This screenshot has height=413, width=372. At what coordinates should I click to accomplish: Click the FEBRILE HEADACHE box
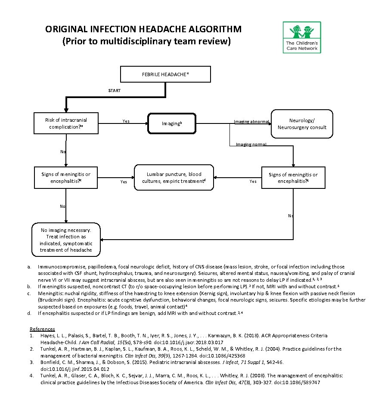point(165,74)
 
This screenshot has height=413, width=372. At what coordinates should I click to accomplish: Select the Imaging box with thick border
point(172,123)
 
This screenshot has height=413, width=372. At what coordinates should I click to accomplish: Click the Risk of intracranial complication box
point(66,123)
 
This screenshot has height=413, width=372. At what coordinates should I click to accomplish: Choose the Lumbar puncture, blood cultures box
point(174,178)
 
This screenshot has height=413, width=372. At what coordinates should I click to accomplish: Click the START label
point(114,91)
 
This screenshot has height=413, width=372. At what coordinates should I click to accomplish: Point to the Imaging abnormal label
point(251,122)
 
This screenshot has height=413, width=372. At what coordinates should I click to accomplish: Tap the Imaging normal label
point(251,144)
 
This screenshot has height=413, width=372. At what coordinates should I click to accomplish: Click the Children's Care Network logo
point(302,37)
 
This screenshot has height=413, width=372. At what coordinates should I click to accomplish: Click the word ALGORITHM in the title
point(209,30)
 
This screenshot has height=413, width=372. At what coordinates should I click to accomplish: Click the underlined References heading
point(42,329)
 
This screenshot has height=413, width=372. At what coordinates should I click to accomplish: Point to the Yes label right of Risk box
point(126,121)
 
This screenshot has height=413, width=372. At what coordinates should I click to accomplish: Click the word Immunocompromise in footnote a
point(59,267)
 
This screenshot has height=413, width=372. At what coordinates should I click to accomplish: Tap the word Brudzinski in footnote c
point(51,298)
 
